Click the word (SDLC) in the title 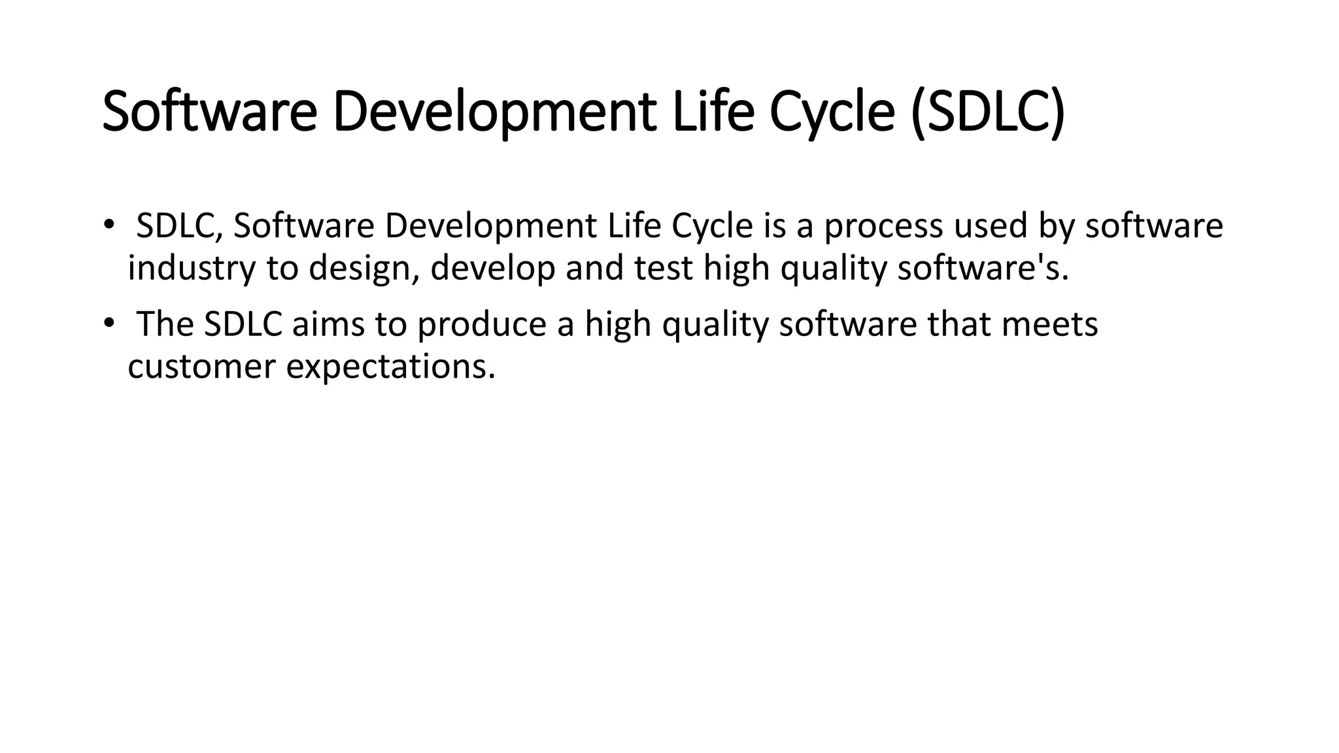click(987, 112)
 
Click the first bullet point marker click(108, 226)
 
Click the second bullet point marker click(108, 324)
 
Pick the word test click(663, 269)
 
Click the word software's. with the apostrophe click(983, 269)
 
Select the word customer click(201, 367)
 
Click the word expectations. click(390, 367)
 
